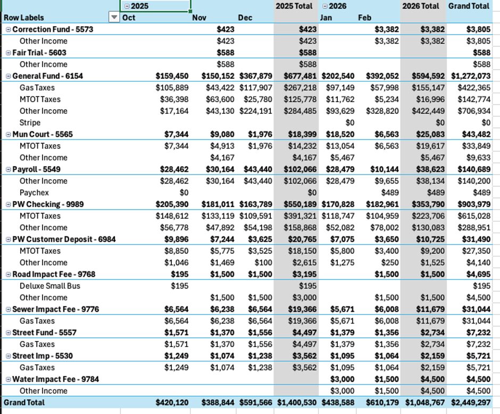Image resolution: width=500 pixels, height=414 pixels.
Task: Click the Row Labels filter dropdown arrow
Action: pyautogui.click(x=113, y=18)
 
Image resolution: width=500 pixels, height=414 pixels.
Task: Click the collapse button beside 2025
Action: pyautogui.click(x=127, y=6)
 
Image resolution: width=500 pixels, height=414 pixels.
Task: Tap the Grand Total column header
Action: pyautogui.click(x=469, y=6)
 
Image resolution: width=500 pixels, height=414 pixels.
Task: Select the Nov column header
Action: pyautogui.click(x=199, y=18)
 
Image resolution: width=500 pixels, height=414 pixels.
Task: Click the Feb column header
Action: pyautogui.click(x=364, y=18)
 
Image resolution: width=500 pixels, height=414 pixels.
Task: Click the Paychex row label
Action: pyautogui.click(x=34, y=193)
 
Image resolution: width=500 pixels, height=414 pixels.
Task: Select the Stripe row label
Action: pyautogui.click(x=30, y=122)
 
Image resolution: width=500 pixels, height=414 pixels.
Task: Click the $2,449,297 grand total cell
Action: pyautogui.click(x=470, y=403)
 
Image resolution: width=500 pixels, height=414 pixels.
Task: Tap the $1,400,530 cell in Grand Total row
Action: pyautogui.click(x=296, y=403)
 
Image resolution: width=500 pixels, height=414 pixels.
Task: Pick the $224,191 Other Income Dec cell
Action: pyautogui.click(x=256, y=111)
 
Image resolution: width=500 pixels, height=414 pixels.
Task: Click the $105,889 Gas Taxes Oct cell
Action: pyautogui.click(x=172, y=88)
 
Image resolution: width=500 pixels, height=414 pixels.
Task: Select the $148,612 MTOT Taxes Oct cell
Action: pyautogui.click(x=172, y=216)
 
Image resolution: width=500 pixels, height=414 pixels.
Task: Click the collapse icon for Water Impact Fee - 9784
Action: pyautogui.click(x=8, y=379)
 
